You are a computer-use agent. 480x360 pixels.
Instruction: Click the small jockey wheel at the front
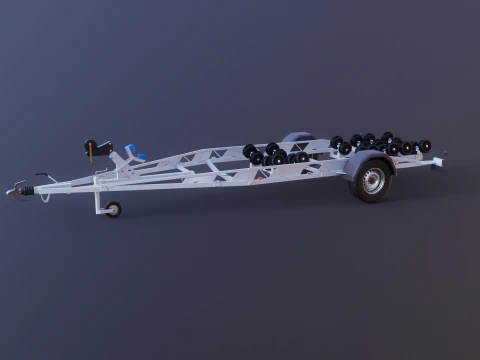(113, 209)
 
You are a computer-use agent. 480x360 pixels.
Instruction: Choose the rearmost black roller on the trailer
(425, 146)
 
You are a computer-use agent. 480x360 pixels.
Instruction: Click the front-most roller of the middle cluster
(249, 151)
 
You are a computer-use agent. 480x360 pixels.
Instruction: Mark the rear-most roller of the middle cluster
(302, 156)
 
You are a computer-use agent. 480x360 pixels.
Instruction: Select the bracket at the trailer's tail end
(438, 159)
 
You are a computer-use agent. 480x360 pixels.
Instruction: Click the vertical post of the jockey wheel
(99, 190)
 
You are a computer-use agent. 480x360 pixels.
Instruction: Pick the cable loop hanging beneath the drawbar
(44, 196)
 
